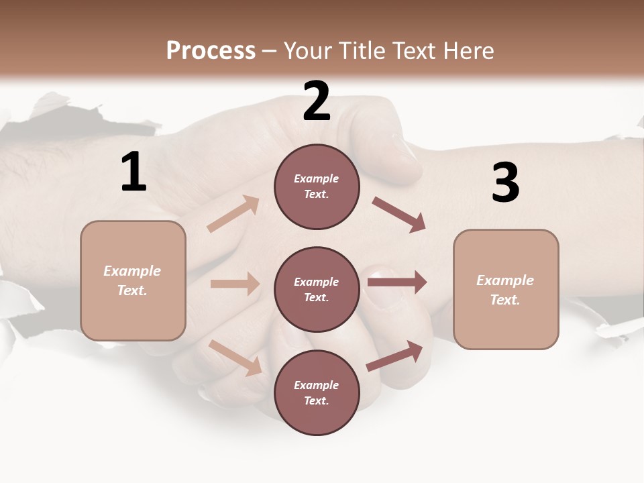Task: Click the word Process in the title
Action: click(211, 50)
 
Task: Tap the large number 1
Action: click(133, 172)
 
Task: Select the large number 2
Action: click(317, 101)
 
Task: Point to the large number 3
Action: click(505, 182)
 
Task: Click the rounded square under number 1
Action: click(133, 280)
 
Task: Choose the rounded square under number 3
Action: click(506, 290)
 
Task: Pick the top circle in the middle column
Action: click(317, 186)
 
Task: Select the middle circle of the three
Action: click(317, 289)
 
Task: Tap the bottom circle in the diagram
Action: click(317, 392)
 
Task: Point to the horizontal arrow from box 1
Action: click(235, 284)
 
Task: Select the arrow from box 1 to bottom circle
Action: click(235, 358)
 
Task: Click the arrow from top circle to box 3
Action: click(399, 215)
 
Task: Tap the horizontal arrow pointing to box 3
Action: click(397, 282)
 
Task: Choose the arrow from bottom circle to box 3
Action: click(394, 356)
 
